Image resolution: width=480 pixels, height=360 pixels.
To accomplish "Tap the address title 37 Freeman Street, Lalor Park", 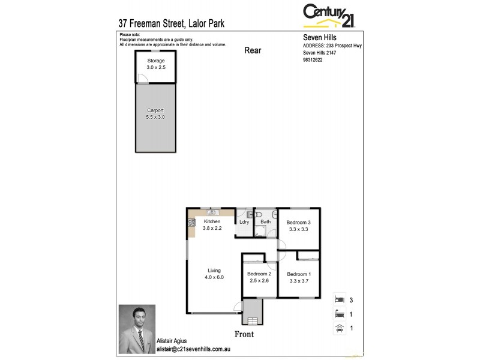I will (x=172, y=25).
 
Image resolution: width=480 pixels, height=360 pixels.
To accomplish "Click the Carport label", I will (x=155, y=111).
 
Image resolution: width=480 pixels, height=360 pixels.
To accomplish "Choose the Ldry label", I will (x=244, y=222).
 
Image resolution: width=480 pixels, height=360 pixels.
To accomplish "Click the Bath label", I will (x=265, y=222).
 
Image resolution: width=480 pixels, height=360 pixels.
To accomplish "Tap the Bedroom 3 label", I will (x=298, y=222).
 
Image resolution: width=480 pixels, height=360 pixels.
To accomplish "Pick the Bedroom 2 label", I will (x=259, y=274).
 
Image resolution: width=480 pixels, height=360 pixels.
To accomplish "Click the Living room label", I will (x=214, y=270).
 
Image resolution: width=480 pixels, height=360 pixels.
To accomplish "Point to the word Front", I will (x=244, y=334).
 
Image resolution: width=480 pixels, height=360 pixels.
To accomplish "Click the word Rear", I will (x=253, y=50).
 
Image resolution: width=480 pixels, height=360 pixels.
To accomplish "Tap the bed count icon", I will (x=339, y=298).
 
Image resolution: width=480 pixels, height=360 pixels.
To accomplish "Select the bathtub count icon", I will (x=339, y=313).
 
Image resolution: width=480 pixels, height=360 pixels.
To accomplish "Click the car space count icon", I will (x=339, y=328).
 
